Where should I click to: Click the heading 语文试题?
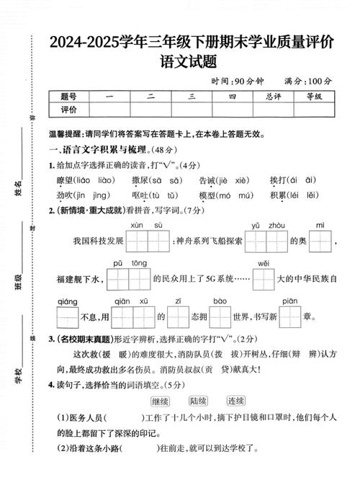[192, 63]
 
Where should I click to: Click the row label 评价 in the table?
[69, 110]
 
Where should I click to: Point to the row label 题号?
[69, 96]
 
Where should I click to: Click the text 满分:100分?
[308, 81]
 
